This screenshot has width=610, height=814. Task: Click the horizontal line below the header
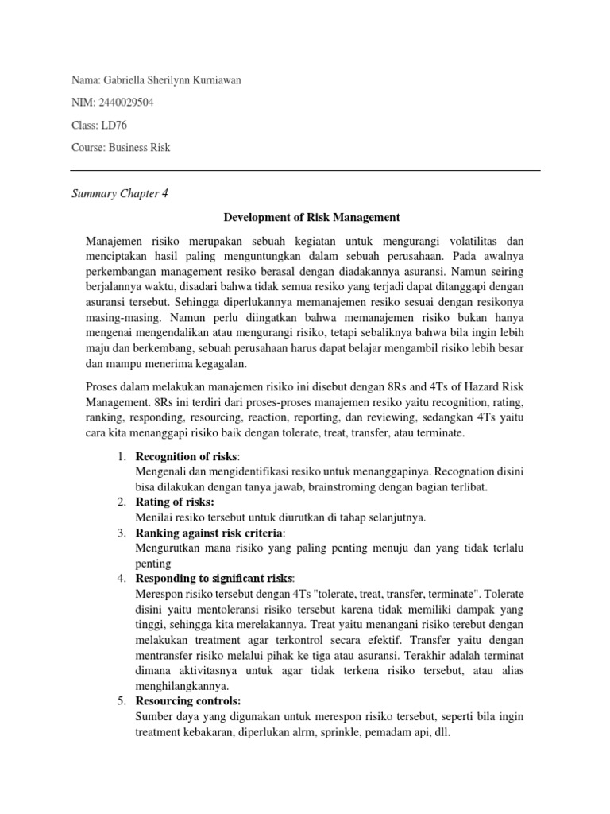pyautogui.click(x=305, y=170)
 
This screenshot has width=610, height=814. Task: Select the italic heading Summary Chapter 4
pyautogui.click(x=120, y=193)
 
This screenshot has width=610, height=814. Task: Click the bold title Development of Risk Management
pyautogui.click(x=311, y=216)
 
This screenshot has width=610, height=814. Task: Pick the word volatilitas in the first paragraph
pyautogui.click(x=477, y=240)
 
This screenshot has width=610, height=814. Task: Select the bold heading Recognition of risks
pyautogui.click(x=187, y=456)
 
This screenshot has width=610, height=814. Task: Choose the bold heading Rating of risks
pyautogui.click(x=175, y=502)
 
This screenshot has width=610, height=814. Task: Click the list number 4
pyautogui.click(x=121, y=578)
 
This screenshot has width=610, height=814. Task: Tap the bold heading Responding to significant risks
pyautogui.click(x=214, y=578)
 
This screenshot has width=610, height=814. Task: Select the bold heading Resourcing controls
pyautogui.click(x=188, y=700)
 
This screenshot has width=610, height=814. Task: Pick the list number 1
pyautogui.click(x=121, y=456)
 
